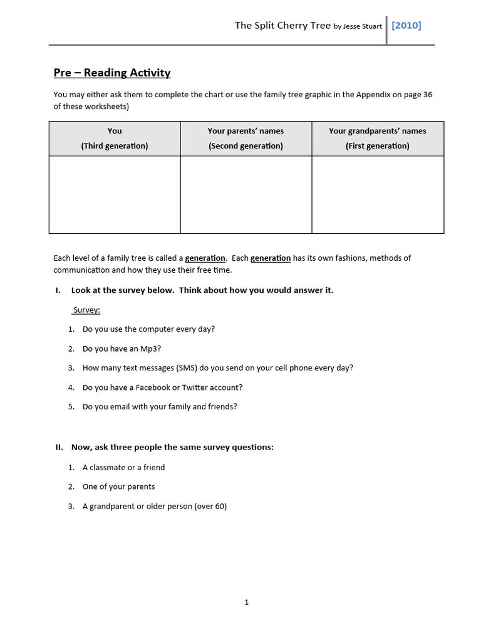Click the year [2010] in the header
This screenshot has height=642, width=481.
pos(406,26)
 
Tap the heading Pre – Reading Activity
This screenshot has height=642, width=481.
pos(112,73)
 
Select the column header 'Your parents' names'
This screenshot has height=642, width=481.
pos(246,131)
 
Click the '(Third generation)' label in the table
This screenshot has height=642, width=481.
pos(115,146)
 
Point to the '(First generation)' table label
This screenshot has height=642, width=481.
pos(377,146)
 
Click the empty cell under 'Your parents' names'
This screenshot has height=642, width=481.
pos(246,194)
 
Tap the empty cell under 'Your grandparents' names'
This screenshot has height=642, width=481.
pos(377,194)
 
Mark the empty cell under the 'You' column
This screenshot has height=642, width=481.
pos(115,194)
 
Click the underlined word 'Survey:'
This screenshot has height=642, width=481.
pos(87,310)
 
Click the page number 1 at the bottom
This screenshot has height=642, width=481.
pos(246,603)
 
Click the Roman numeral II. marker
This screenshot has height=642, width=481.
pos(59,447)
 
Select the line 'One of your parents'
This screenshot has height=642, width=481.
pos(118,487)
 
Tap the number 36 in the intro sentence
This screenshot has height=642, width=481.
pos(427,95)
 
